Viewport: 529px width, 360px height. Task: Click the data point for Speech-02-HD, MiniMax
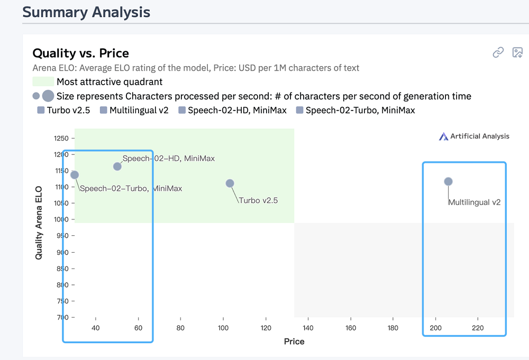[117, 167]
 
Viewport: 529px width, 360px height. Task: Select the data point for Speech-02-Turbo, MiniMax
[75, 175]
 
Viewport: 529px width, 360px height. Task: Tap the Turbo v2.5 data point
[230, 183]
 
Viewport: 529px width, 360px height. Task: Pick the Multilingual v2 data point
[448, 182]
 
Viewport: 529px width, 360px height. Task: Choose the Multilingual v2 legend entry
[134, 110]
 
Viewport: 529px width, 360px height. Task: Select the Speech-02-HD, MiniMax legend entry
[233, 110]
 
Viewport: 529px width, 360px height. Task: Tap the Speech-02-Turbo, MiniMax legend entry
[355, 110]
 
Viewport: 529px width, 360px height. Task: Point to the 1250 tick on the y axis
[61, 139]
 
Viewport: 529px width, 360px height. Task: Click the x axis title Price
[294, 341]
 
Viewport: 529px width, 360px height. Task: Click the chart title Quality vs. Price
[80, 53]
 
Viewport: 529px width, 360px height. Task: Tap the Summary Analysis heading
[86, 12]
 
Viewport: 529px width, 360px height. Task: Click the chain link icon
[498, 52]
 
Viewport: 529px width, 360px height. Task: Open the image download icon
[517, 52]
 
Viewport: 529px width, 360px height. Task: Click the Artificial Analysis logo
[474, 136]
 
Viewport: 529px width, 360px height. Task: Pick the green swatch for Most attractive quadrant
[43, 82]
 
